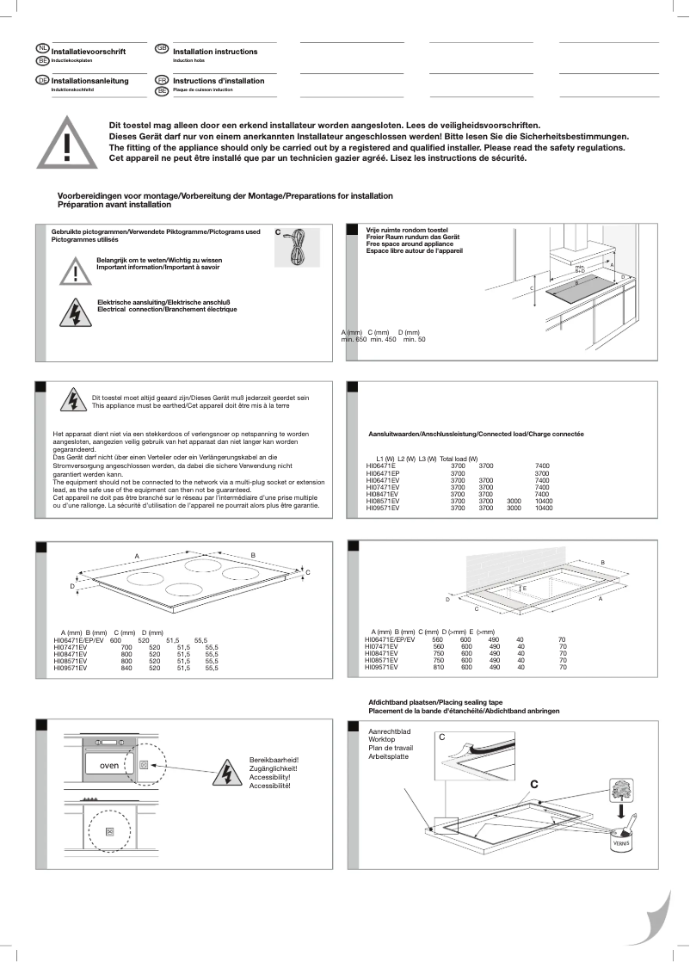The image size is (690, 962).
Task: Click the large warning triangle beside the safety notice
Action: [x=66, y=143]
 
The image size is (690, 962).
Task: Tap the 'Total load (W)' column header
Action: [x=459, y=459]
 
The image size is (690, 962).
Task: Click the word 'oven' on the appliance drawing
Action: [x=108, y=765]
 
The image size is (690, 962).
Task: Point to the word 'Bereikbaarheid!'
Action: [x=273, y=760]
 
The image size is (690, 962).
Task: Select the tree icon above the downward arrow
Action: [x=623, y=788]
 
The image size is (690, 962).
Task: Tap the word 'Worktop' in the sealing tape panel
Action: [x=381, y=739]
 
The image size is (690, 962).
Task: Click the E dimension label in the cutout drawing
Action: [x=524, y=588]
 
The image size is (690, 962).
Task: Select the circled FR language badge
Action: [x=161, y=78]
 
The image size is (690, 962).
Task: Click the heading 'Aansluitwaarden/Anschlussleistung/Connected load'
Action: [x=476, y=436]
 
